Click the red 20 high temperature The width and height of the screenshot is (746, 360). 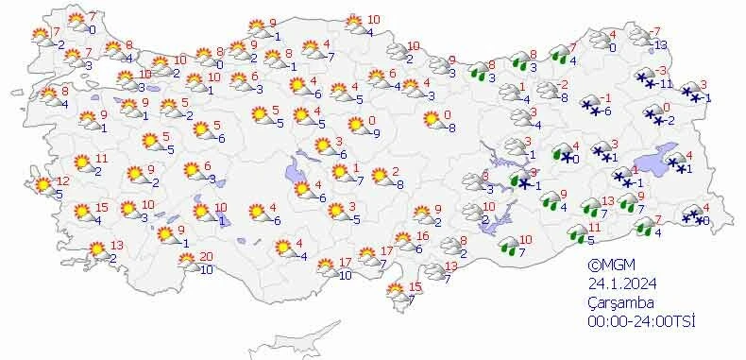point(207,258)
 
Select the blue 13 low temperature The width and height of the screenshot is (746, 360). point(661,44)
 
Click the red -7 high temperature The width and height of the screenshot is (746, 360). point(655,32)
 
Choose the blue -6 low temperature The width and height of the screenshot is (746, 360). point(606,111)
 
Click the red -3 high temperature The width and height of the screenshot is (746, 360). point(663,70)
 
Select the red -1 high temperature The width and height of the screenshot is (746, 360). point(607,98)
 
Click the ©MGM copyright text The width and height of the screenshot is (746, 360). point(606,266)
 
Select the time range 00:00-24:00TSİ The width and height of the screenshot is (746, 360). point(640,321)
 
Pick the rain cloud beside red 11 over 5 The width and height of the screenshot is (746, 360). point(573,232)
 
